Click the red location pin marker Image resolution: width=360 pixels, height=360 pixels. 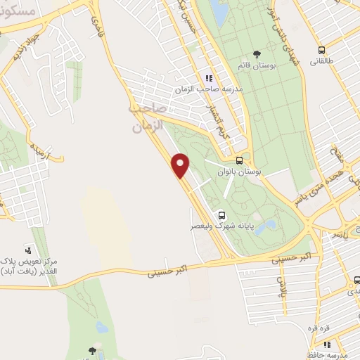click(x=181, y=167)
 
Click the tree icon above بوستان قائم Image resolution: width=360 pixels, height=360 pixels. click(x=257, y=53)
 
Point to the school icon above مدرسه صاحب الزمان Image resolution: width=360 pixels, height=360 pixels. click(x=208, y=77)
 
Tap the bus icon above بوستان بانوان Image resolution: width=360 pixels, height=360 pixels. click(x=240, y=160)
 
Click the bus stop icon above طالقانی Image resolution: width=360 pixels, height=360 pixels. click(x=321, y=50)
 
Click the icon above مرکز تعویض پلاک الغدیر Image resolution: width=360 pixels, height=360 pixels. click(x=29, y=250)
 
